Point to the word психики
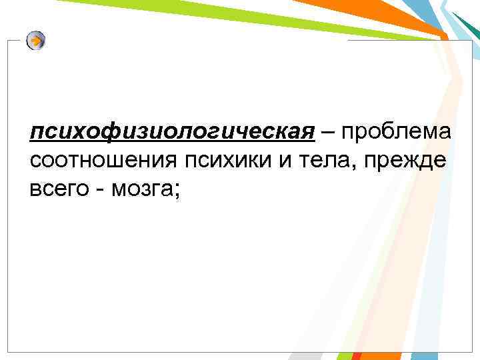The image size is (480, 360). [x=230, y=160]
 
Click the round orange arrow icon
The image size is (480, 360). [x=36, y=41]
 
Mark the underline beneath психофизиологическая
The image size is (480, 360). [x=171, y=142]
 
